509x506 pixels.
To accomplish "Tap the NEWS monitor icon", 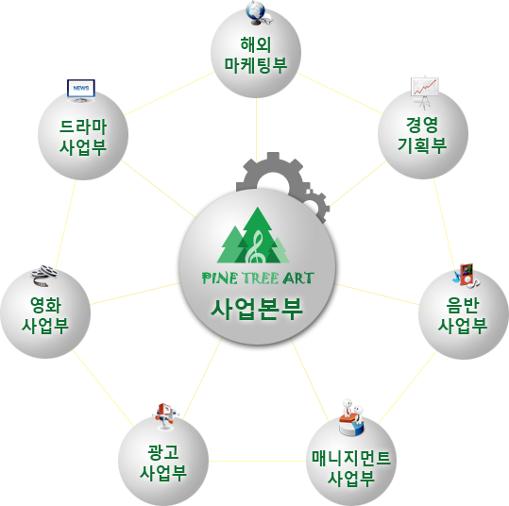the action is click(81, 91).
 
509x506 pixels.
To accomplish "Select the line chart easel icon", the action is click(424, 92).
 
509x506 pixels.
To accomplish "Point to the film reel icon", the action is click(44, 276).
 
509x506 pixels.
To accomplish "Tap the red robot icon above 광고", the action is click(165, 415).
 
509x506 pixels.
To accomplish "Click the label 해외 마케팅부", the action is click(256, 55).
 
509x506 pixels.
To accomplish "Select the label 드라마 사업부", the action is click(83, 137).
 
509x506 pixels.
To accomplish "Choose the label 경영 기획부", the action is click(422, 135).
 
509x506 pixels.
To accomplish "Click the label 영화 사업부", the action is click(45, 314).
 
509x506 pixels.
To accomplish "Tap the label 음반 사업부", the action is click(463, 314).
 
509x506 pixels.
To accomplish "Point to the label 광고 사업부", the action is click(163, 462).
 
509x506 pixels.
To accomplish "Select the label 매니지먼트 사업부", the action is click(351, 467).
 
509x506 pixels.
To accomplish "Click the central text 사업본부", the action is click(257, 309).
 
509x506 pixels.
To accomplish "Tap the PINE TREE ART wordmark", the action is click(258, 278).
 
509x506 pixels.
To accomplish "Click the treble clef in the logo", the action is click(257, 248).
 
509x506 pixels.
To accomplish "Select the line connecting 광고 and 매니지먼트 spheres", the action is click(257, 461).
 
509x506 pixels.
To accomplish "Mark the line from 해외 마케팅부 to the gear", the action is click(256, 129).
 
